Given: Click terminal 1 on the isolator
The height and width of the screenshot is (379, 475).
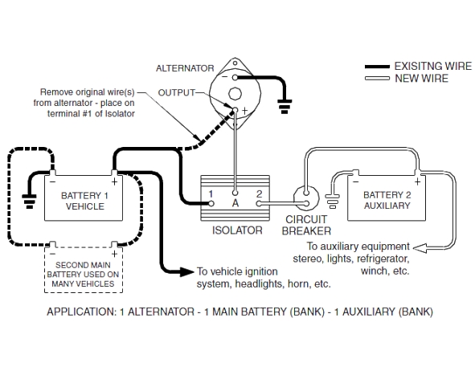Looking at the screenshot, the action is [x=211, y=204].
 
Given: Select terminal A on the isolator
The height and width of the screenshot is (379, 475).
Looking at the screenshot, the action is [x=235, y=193].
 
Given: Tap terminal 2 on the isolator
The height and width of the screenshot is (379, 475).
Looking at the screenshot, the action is [x=259, y=204].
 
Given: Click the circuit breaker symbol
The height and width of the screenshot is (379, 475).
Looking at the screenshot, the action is [x=306, y=198].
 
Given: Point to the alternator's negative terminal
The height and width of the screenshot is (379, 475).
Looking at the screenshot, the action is [x=235, y=78].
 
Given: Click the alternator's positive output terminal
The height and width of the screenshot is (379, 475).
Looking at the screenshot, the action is [x=235, y=109].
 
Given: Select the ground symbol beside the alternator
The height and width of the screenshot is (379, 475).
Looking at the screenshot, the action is [x=285, y=106].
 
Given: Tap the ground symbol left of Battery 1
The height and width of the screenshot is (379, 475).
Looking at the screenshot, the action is [x=30, y=202].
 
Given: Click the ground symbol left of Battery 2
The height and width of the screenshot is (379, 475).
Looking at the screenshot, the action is [x=332, y=202].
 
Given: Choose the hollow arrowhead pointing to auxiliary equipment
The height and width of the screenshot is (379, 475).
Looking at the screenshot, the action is [x=420, y=248].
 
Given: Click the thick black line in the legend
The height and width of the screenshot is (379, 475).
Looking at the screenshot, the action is [x=377, y=67].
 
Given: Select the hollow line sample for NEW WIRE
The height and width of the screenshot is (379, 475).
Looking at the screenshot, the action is [x=377, y=79].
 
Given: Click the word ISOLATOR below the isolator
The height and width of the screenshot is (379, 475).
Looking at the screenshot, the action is [x=237, y=230].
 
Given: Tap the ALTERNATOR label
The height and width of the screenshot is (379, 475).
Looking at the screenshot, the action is [x=185, y=68].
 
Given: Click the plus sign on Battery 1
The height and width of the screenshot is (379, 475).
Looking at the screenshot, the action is [x=114, y=181].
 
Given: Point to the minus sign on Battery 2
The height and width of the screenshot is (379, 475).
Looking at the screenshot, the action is [x=355, y=181].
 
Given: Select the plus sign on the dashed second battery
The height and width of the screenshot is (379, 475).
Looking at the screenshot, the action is [x=114, y=254].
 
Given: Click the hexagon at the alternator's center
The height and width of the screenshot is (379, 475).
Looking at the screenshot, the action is [x=235, y=94].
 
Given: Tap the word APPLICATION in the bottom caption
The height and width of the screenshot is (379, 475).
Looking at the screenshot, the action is [x=81, y=312].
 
